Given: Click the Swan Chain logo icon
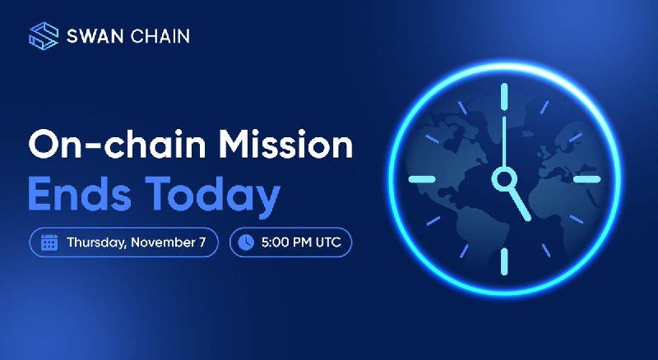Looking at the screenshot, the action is click(x=44, y=36).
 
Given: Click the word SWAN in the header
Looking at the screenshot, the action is click(x=95, y=36).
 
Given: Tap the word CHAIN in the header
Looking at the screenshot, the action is click(x=160, y=36).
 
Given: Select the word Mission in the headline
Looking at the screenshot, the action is click(x=286, y=145).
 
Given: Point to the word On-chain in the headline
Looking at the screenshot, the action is click(x=117, y=145).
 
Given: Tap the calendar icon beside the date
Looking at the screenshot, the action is click(x=49, y=242).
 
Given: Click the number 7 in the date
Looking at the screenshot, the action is click(x=202, y=242).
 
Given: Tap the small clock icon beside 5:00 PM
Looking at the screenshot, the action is click(x=246, y=242).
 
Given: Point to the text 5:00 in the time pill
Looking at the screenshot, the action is click(x=274, y=242).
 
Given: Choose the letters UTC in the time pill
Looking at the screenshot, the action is click(x=327, y=242).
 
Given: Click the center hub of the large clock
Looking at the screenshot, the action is click(x=504, y=179).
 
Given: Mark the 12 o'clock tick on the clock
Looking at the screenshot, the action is click(x=504, y=97).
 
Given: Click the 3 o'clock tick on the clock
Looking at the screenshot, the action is click(x=587, y=179).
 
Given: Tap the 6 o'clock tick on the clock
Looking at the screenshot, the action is click(x=504, y=262).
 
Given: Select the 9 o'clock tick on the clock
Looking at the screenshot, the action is click(x=422, y=179).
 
